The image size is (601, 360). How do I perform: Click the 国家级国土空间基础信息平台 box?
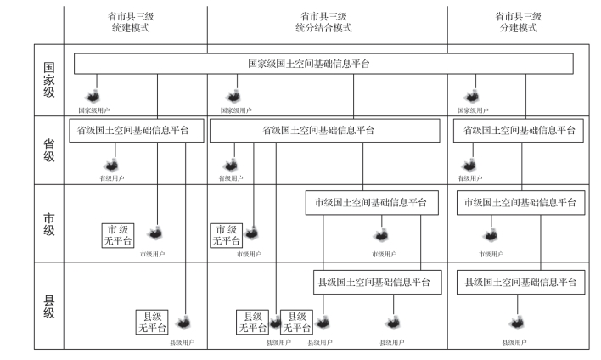(323, 64)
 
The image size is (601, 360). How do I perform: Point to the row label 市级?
(48, 223)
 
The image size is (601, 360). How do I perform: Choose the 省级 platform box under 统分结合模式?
(324, 130)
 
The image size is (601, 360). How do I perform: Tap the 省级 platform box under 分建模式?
(519, 130)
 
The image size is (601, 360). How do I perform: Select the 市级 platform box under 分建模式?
(519, 203)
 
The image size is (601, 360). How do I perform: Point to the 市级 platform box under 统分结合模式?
(371, 203)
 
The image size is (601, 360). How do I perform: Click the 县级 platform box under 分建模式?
(519, 281)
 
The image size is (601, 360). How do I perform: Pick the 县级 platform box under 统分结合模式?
(374, 281)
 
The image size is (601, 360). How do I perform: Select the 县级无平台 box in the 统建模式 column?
(153, 322)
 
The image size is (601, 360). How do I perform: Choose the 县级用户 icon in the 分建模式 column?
(514, 323)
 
